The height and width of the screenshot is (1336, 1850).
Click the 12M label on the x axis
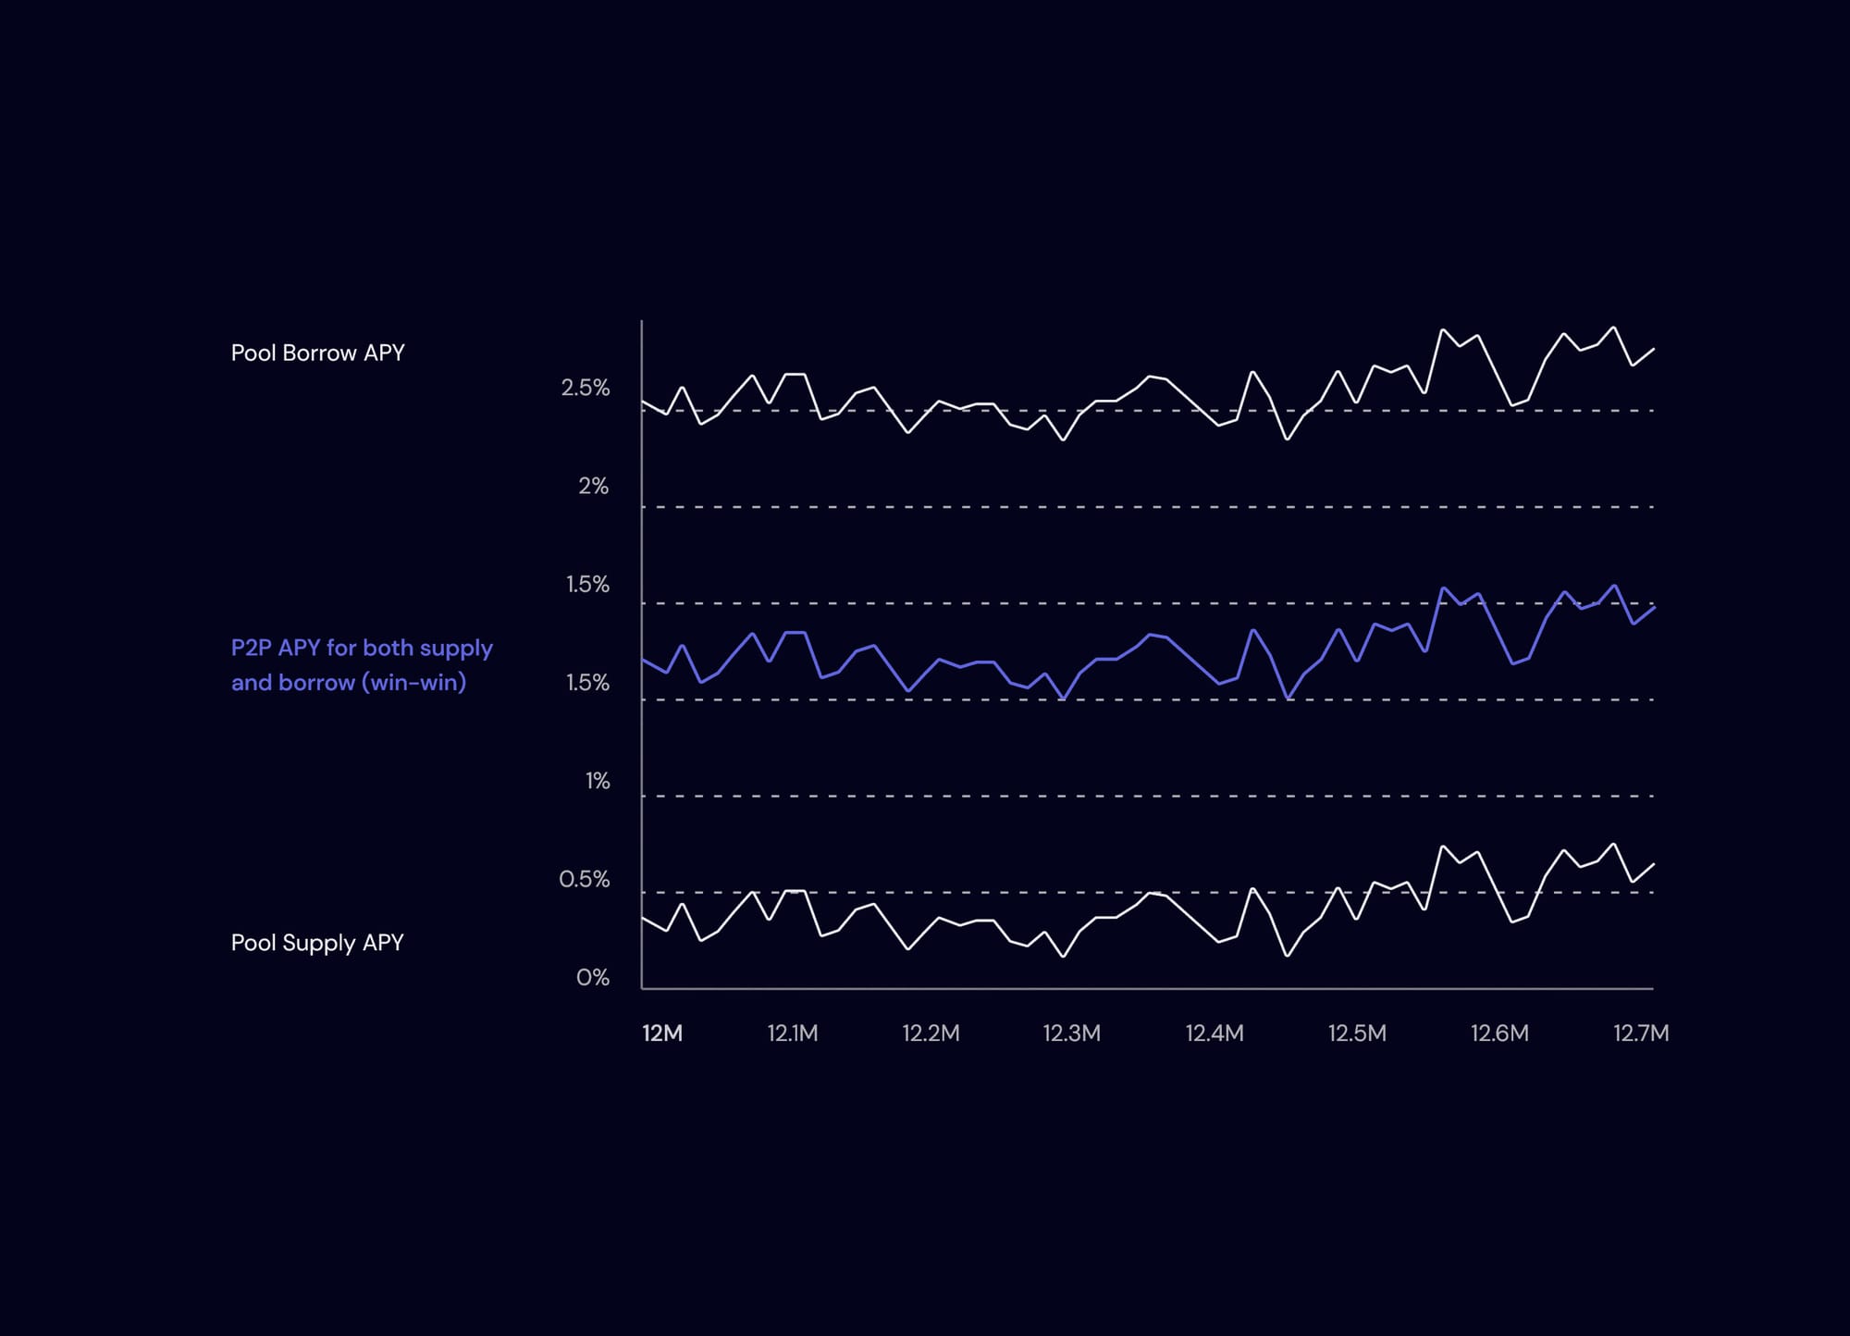tap(662, 1033)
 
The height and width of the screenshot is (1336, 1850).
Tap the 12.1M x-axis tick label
tap(793, 1033)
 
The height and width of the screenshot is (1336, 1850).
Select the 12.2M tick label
tap(931, 1033)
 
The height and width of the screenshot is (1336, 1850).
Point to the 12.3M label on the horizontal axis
tap(1071, 1033)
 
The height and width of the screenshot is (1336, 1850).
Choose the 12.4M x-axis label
tap(1215, 1033)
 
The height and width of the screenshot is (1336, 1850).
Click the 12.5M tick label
tap(1357, 1033)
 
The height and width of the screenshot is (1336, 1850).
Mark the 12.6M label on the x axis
tap(1499, 1033)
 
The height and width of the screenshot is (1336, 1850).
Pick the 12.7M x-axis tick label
tap(1641, 1033)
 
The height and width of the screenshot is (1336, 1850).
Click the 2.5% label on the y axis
tap(586, 388)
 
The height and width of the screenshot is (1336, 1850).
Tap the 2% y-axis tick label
tap(594, 486)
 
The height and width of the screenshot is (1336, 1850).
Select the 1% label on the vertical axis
tap(598, 781)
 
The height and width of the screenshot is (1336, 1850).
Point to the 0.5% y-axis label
tap(585, 879)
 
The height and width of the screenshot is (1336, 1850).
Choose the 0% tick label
tap(593, 978)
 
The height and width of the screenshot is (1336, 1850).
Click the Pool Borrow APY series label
tap(317, 353)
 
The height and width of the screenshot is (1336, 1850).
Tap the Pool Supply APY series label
tap(317, 943)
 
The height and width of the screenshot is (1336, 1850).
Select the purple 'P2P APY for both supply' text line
tap(362, 648)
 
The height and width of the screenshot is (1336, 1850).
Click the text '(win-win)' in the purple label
tap(413, 683)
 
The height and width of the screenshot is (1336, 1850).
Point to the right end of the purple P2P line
tap(1653, 607)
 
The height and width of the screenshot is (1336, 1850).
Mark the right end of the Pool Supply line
tap(1653, 864)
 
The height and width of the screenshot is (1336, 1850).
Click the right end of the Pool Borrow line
tap(1653, 349)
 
